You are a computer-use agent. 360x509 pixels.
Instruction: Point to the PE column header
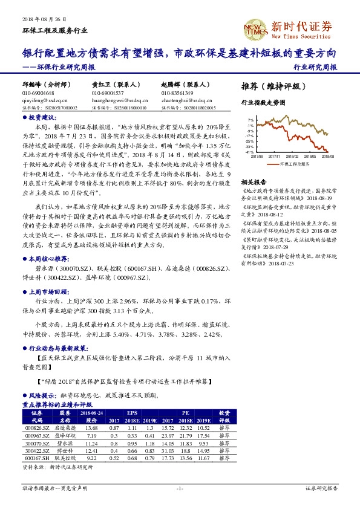tap(186, 413)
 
